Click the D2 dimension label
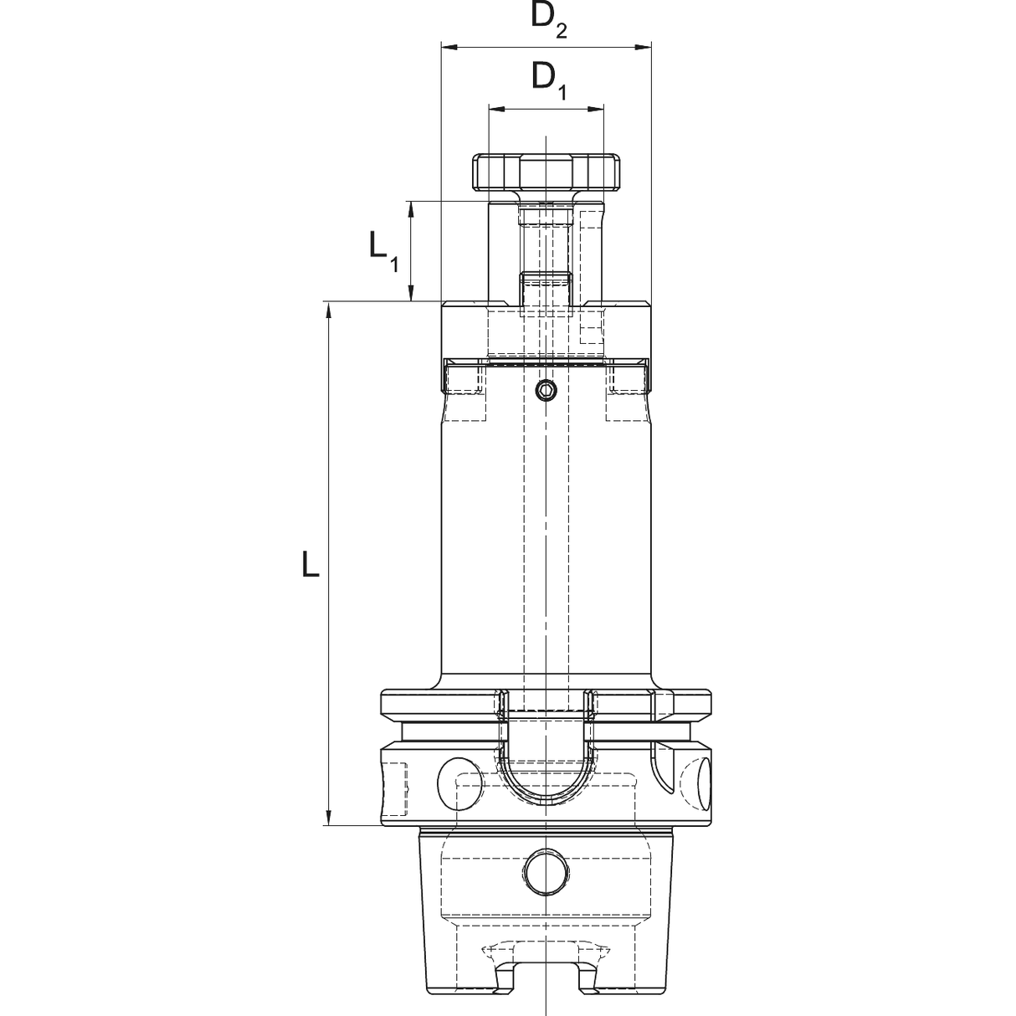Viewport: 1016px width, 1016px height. [x=549, y=20]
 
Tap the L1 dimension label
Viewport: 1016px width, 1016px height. [x=383, y=252]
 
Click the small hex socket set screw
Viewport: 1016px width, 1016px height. [x=545, y=391]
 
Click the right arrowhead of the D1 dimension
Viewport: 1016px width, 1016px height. [x=596, y=109]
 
